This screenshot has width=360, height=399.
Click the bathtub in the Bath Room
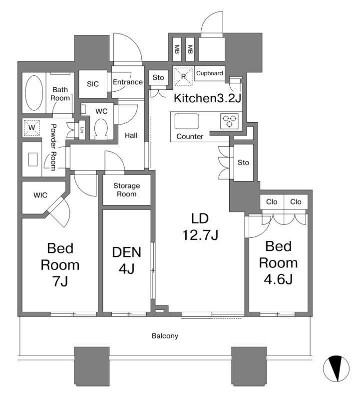(34, 93)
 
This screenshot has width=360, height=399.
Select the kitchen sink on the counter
(187, 121)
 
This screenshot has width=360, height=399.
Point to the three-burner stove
(229, 121)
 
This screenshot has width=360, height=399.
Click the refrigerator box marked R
(183, 76)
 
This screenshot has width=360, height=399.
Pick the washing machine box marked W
(31, 127)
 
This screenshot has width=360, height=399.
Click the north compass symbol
(336, 368)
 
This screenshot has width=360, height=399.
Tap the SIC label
(93, 84)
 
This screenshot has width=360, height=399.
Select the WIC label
(40, 195)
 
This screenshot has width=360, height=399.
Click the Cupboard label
(209, 73)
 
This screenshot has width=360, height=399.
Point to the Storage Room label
(127, 190)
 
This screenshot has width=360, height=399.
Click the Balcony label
(165, 336)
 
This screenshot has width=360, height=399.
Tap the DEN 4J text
(127, 260)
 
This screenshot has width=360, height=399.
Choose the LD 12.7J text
(200, 226)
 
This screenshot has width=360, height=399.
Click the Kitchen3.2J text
(207, 98)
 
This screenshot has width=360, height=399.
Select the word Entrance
(128, 82)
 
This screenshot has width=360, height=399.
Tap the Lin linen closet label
(82, 130)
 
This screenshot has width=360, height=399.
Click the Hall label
(131, 135)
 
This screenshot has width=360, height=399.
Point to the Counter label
(190, 136)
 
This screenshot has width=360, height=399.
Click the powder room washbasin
(33, 160)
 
